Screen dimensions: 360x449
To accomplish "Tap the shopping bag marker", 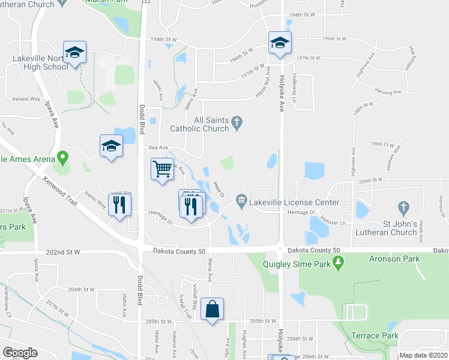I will pyautogui.click(x=212, y=310).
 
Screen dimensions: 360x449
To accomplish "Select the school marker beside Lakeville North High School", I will pyautogui.click(x=74, y=52).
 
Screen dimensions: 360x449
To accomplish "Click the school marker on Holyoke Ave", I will pyautogui.click(x=279, y=43).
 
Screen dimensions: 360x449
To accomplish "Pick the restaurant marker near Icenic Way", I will pyautogui.click(x=119, y=205).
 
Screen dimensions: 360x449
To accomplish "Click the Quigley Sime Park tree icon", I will pyautogui.click(x=339, y=262).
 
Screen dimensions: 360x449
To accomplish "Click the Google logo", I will pyautogui.click(x=20, y=353).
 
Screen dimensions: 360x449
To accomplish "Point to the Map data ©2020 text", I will pyautogui.click(x=424, y=355).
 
